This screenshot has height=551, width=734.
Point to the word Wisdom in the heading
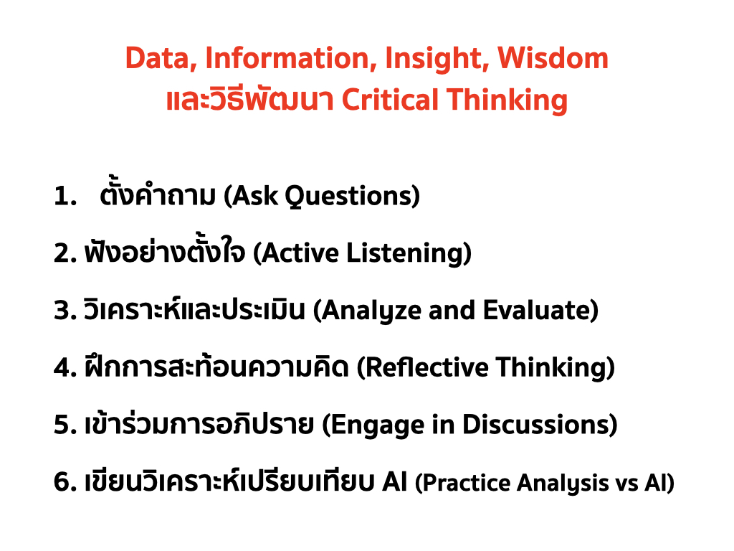click(x=553, y=58)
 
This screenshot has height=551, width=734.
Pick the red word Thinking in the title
click(x=507, y=100)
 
